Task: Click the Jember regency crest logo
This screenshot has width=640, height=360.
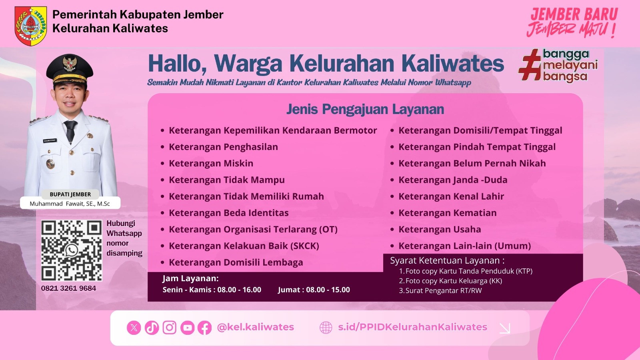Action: pyautogui.click(x=31, y=26)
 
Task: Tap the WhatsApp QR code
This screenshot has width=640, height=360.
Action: pyautogui.click(x=72, y=250)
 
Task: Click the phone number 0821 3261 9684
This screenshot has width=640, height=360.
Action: pyautogui.click(x=68, y=288)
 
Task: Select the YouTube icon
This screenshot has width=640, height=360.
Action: pyautogui.click(x=188, y=328)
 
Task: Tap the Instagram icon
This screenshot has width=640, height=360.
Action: pyautogui.click(x=170, y=328)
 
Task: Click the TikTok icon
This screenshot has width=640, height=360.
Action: pyautogui.click(x=152, y=328)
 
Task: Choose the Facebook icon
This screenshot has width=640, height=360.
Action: pyautogui.click(x=204, y=328)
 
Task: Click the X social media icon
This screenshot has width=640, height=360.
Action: pyautogui.click(x=134, y=328)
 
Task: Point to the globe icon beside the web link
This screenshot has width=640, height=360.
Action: pyautogui.click(x=326, y=328)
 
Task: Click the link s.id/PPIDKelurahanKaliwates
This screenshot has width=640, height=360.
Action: pyautogui.click(x=412, y=327)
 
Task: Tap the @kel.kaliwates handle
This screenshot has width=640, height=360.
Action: pyautogui.click(x=256, y=327)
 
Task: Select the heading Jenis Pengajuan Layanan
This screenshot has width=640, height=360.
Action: pyautogui.click(x=365, y=109)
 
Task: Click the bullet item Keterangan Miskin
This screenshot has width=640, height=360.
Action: pyautogui.click(x=211, y=164)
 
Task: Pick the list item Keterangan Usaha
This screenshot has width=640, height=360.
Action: pyautogui.click(x=440, y=230)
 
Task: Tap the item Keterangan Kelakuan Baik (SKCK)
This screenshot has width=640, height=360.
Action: pyautogui.click(x=244, y=246)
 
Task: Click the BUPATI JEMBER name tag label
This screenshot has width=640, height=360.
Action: pyautogui.click(x=70, y=194)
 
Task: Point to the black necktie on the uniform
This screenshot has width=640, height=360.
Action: pyautogui.click(x=70, y=131)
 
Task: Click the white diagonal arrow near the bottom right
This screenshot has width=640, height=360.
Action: pyautogui.click(x=505, y=328)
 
